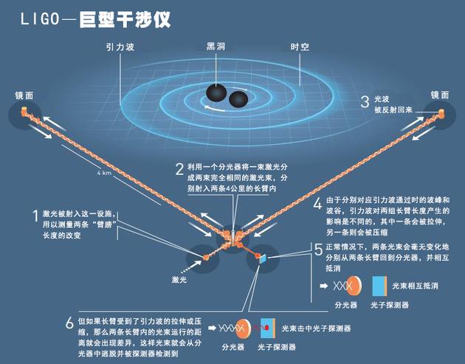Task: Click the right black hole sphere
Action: coord(238,100)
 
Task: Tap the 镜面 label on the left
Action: coord(24,95)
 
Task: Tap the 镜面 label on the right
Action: coord(441,95)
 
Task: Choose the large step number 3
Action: coord(365,103)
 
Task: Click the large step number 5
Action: coord(317,250)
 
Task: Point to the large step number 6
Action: coord(69,323)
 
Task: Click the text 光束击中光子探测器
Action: coord(316,327)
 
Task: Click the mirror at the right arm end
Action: coord(441,112)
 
